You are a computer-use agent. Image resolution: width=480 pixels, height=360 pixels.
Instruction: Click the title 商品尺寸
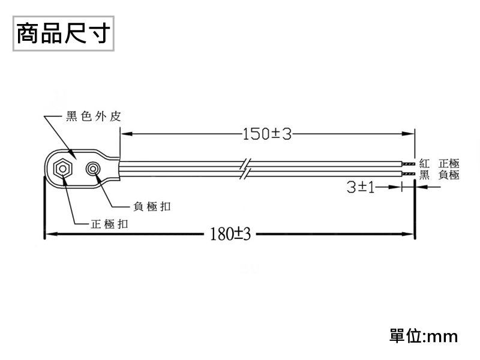tap(62, 34)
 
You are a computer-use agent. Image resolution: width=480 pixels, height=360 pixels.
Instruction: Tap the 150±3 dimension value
tap(267, 133)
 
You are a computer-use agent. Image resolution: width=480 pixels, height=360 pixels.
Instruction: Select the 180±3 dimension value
tap(230, 233)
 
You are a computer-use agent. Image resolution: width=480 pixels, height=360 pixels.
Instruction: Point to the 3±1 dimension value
tap(361, 188)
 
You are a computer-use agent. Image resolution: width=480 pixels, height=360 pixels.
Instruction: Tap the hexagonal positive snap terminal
tap(62, 169)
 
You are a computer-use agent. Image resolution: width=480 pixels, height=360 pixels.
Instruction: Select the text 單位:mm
tap(424, 335)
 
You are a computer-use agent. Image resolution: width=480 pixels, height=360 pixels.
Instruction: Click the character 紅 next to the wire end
tap(425, 163)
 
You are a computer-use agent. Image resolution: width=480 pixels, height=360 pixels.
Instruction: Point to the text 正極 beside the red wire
tap(449, 163)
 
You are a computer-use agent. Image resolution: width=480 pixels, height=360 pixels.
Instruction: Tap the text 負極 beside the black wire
tap(449, 175)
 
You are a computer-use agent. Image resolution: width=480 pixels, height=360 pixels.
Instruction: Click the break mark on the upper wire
tap(245, 164)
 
